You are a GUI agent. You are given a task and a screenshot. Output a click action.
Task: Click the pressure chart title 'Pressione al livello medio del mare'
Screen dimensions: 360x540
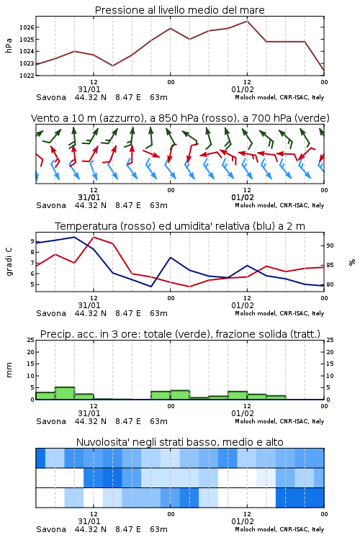pos(179,10)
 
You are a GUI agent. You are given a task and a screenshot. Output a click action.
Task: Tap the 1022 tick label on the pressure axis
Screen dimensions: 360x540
pos(27,76)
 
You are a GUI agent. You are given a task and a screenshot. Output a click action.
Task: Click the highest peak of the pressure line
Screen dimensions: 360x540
pos(247,21)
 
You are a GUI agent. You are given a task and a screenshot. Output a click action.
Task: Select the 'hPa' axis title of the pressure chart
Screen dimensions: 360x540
pos(9,45)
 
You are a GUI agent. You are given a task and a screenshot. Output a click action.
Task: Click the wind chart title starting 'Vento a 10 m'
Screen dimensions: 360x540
pos(180,118)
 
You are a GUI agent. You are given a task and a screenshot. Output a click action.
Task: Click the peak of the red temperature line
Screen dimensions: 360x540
pos(94,237)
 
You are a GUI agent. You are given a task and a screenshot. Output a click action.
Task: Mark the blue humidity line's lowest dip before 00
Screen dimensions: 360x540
pos(151,287)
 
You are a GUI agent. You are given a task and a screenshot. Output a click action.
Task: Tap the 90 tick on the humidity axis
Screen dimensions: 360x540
pos(330,246)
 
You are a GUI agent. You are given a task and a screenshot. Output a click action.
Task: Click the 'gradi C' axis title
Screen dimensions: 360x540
pos(9,261)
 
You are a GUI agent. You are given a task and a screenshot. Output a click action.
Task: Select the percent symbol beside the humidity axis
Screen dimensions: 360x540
pos(352,262)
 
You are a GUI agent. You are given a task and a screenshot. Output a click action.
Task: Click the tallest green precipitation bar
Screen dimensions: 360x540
pos(65,393)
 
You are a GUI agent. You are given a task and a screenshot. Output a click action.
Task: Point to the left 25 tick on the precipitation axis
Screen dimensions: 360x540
pos(31,340)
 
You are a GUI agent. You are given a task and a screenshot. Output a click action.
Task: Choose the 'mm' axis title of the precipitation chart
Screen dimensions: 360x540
pos(9,370)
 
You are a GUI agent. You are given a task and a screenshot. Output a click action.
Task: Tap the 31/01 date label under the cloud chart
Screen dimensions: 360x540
pos(89,521)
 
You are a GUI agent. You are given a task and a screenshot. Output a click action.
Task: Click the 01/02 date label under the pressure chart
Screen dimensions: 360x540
pos(243,89)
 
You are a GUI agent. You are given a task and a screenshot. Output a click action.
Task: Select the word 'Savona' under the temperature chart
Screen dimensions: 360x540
pos(51,313)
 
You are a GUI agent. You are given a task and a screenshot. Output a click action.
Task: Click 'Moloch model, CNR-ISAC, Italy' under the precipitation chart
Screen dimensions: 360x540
pos(279,421)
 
